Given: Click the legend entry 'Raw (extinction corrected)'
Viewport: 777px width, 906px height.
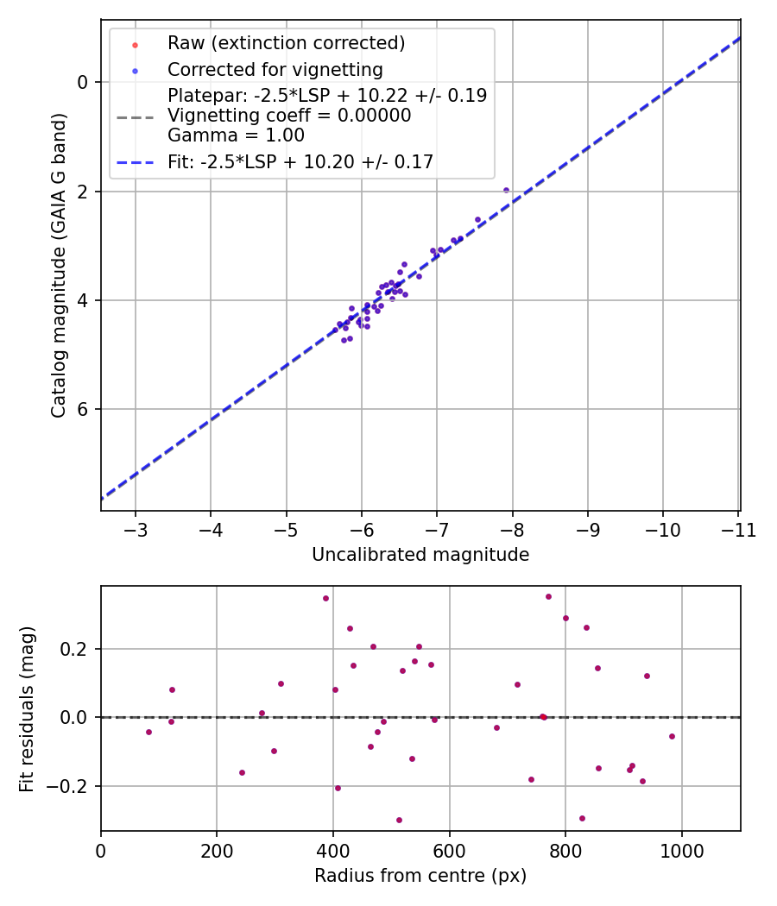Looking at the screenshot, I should (286, 43).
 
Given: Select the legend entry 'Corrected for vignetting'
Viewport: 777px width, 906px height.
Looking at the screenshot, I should (275, 69).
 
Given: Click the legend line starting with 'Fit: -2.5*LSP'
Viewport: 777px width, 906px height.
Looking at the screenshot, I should (300, 161).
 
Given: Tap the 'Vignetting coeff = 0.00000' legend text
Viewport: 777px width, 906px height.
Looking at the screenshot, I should (289, 116).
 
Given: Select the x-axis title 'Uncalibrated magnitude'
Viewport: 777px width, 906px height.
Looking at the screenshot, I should (420, 555).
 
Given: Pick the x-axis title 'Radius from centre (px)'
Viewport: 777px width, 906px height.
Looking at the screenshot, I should (420, 876).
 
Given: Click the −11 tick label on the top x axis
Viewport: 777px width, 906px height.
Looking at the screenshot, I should (738, 529).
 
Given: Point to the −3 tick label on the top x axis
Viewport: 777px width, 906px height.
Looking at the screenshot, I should (136, 529).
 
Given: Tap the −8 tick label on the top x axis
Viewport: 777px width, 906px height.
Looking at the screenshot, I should (512, 529).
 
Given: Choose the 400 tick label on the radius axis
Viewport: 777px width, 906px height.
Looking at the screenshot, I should (333, 850).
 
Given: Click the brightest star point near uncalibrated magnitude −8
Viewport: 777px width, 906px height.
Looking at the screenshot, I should (506, 191).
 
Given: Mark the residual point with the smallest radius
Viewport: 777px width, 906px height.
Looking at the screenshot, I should (148, 732).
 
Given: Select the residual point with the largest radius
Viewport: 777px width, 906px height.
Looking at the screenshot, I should (672, 736).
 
